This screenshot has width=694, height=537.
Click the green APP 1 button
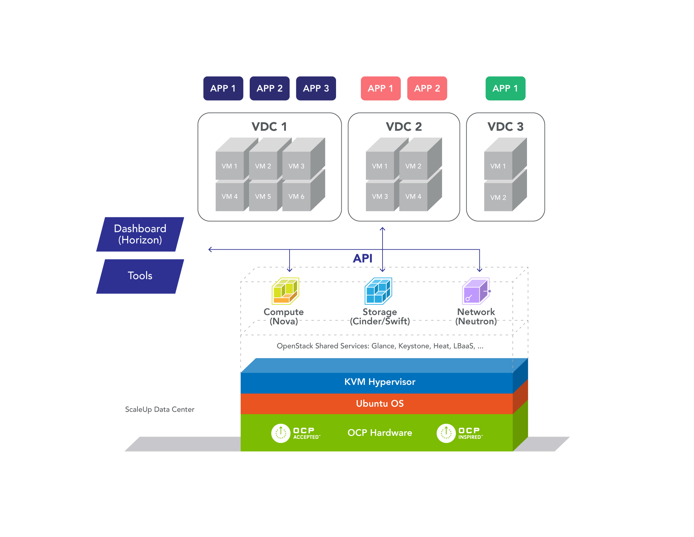click(x=505, y=88)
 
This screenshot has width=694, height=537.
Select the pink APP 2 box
click(x=427, y=88)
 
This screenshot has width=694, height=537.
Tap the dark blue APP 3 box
click(x=316, y=88)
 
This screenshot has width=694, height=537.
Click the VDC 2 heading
click(x=403, y=127)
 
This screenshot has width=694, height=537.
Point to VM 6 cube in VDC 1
click(x=296, y=196)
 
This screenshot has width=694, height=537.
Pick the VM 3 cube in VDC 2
click(x=380, y=196)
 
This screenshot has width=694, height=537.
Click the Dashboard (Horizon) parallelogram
click(x=140, y=234)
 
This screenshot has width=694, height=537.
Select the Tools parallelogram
click(x=140, y=276)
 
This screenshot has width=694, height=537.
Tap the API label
click(x=362, y=259)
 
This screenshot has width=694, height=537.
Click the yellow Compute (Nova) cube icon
click(x=285, y=291)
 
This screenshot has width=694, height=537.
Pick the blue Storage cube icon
click(x=378, y=291)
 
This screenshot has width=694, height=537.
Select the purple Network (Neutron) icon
click(x=476, y=291)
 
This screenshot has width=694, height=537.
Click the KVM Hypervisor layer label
click(x=380, y=382)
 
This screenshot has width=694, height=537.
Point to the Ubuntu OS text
click(x=380, y=403)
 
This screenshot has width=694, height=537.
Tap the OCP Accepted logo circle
click(x=281, y=433)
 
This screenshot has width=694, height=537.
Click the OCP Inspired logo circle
click(x=446, y=433)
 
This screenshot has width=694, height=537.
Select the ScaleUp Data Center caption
click(x=159, y=409)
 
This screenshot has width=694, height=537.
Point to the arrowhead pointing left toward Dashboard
click(x=210, y=250)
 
